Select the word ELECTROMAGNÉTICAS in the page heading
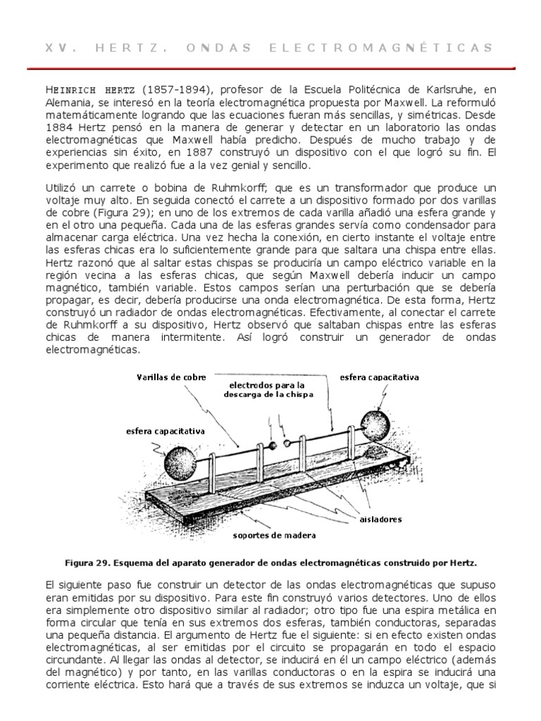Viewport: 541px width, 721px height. [406, 48]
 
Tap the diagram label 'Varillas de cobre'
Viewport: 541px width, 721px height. [171, 377]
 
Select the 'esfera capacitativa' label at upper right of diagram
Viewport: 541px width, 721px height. [380, 377]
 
